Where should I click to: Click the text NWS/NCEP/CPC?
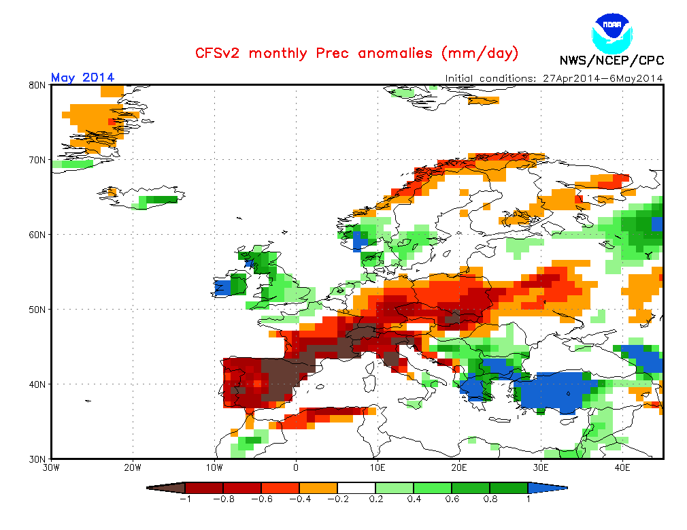click(x=611, y=61)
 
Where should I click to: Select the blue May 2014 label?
click(x=82, y=78)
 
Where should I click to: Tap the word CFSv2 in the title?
click(x=217, y=53)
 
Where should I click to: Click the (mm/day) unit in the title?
click(x=480, y=53)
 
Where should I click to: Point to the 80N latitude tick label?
click(x=37, y=85)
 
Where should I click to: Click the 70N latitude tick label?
click(x=37, y=160)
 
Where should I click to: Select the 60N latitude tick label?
click(x=37, y=235)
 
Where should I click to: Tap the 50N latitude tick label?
click(x=37, y=310)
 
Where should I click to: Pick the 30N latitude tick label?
click(x=37, y=459)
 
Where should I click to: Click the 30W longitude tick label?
click(x=52, y=468)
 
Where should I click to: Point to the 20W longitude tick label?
click(x=133, y=468)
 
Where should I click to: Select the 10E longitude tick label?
click(x=378, y=468)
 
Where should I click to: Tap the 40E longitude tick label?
click(x=622, y=468)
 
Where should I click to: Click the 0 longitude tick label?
click(x=296, y=468)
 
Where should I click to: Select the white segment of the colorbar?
click(x=356, y=488)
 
